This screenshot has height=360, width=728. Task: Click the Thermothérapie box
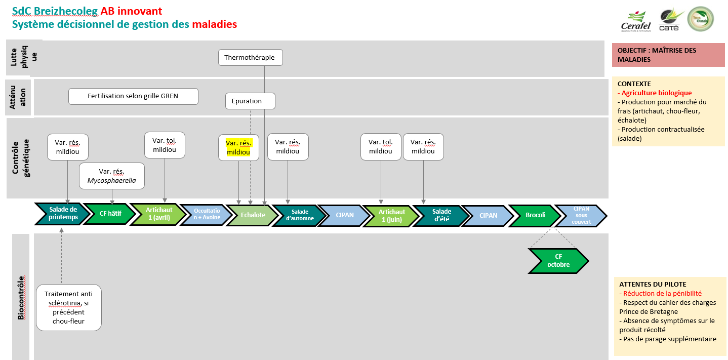(250, 57)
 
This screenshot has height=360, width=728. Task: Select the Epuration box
(250, 101)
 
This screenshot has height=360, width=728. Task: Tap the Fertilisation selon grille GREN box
(133, 96)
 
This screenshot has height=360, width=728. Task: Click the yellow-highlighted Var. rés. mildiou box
(238, 147)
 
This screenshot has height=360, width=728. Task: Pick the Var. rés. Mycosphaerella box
(112, 176)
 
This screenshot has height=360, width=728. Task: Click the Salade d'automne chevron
(300, 215)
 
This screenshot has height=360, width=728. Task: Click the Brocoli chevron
(535, 215)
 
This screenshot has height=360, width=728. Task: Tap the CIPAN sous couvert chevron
(581, 215)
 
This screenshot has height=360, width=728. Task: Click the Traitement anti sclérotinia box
(68, 307)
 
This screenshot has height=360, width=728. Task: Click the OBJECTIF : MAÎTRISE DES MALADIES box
(668, 55)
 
